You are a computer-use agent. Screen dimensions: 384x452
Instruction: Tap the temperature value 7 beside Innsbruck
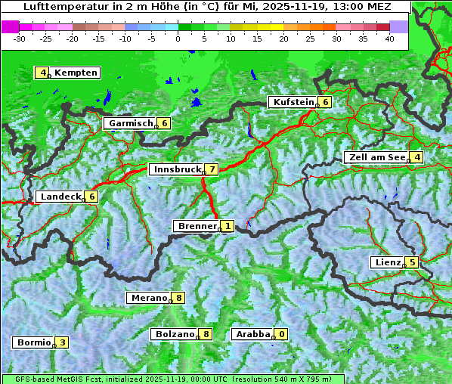point(213,169)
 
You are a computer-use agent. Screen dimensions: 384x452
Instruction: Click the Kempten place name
point(76,73)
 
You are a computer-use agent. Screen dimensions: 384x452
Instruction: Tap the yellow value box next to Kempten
point(43,73)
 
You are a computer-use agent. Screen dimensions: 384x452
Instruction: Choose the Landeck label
point(60,197)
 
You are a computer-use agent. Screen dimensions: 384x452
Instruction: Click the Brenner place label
point(196,226)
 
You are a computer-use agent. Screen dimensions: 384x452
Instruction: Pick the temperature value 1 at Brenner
point(228,226)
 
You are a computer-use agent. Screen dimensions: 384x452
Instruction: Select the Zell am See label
point(376,157)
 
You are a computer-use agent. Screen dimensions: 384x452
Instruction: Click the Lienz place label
point(387,262)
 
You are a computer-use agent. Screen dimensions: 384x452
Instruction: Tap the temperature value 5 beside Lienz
point(412,262)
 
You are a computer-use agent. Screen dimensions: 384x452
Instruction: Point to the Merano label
point(148,298)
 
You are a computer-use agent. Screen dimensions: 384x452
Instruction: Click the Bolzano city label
point(175,334)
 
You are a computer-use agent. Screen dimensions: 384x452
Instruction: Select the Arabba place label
point(252,334)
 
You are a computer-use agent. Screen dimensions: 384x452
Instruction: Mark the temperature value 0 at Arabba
point(282,334)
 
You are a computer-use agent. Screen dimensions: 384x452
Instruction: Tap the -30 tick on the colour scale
point(20,39)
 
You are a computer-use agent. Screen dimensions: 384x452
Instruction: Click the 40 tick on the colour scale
point(389,39)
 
